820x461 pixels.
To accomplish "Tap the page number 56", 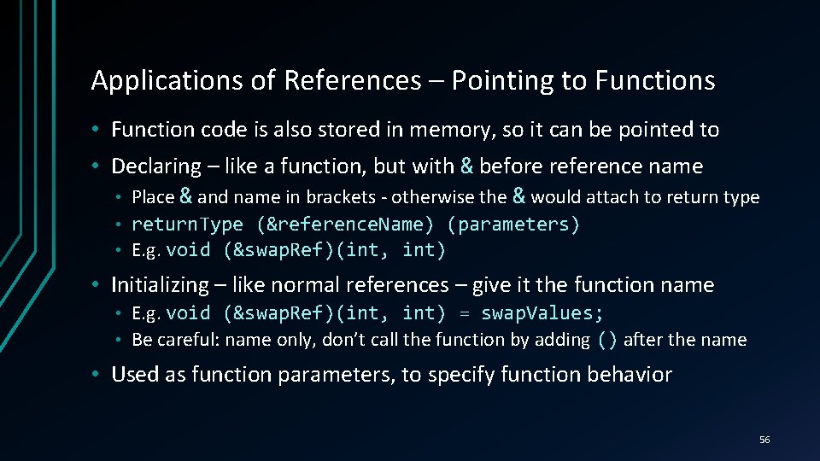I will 764,440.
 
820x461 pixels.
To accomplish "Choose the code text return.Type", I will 188,225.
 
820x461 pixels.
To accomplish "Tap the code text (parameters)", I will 513,225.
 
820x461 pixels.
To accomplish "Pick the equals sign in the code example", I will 465,313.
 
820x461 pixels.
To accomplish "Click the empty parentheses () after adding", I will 606,340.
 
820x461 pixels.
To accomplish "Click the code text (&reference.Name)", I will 346,225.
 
